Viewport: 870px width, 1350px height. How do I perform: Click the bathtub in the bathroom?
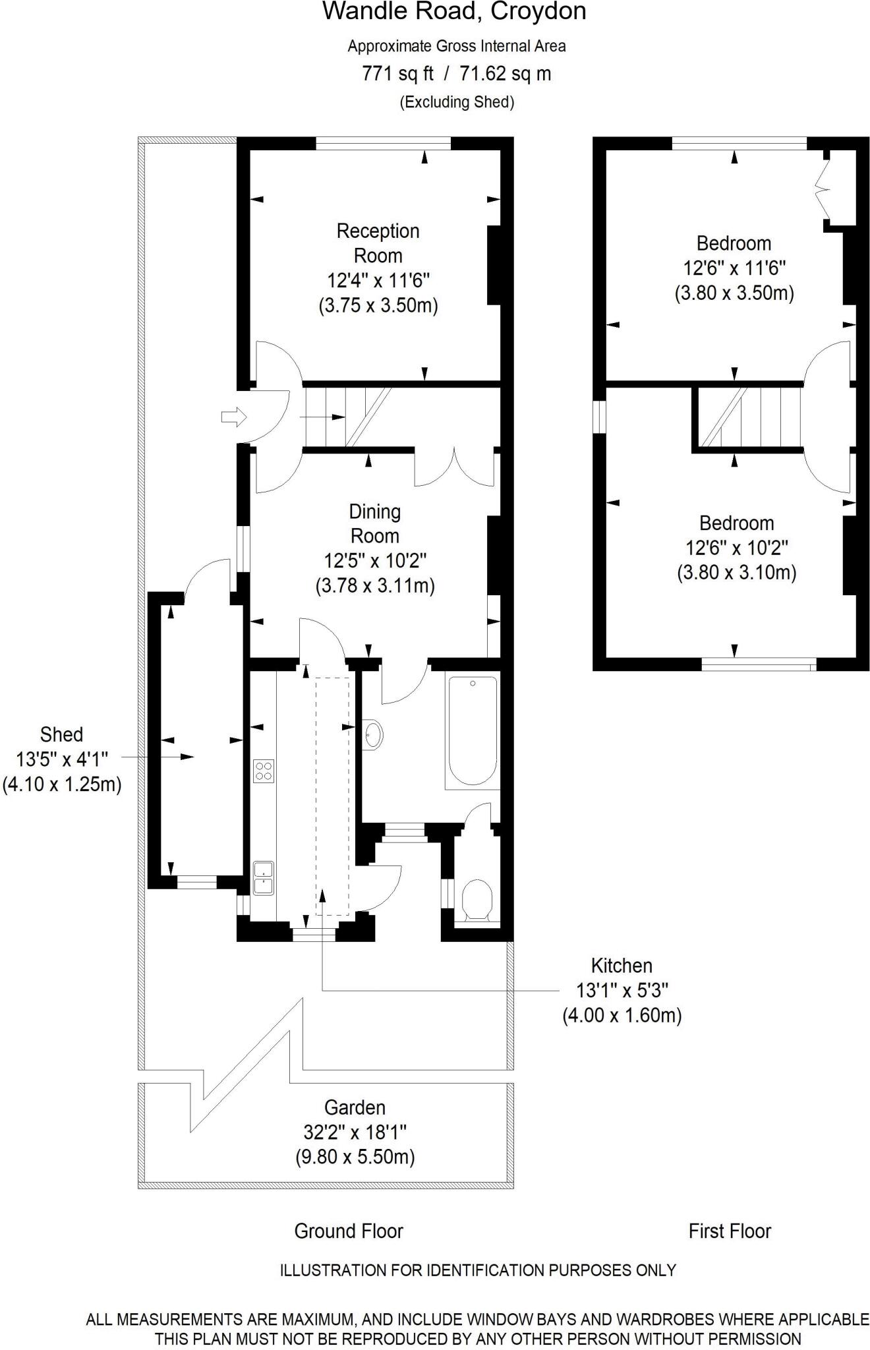pyautogui.click(x=473, y=730)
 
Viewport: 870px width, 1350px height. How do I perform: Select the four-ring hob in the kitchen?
pyautogui.click(x=264, y=771)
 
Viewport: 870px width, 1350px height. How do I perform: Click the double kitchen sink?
pyautogui.click(x=264, y=877)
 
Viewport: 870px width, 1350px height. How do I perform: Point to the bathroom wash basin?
pyautogui.click(x=372, y=733)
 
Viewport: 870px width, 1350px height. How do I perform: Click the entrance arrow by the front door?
pyautogui.click(x=233, y=417)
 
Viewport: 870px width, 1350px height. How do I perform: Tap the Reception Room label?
pyautogui.click(x=378, y=243)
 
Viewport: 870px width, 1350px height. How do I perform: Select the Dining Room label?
pyautogui.click(x=375, y=523)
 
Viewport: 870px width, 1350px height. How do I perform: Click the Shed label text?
pyautogui.click(x=62, y=734)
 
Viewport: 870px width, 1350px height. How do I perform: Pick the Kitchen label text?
pyautogui.click(x=622, y=966)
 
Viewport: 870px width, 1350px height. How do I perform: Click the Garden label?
pyautogui.click(x=355, y=1107)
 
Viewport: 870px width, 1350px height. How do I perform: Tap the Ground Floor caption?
pyautogui.click(x=349, y=1231)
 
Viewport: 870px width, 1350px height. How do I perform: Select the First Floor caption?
pyautogui.click(x=730, y=1231)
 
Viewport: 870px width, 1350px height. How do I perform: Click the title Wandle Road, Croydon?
pyautogui.click(x=454, y=12)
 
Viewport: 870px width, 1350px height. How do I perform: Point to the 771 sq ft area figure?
pyautogui.click(x=398, y=73)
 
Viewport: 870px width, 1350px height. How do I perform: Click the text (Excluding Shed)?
pyautogui.click(x=457, y=102)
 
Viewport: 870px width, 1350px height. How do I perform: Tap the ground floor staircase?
pyautogui.click(x=347, y=417)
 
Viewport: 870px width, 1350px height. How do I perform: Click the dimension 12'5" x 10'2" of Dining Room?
pyautogui.click(x=375, y=561)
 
